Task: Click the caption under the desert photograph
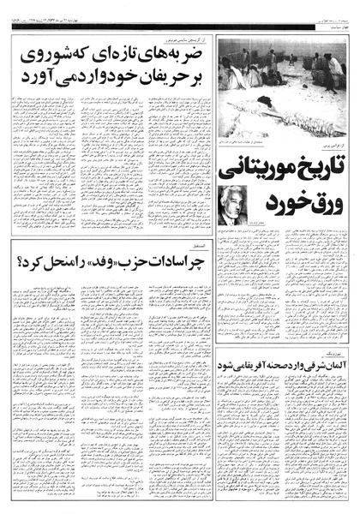click(x=273, y=140)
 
